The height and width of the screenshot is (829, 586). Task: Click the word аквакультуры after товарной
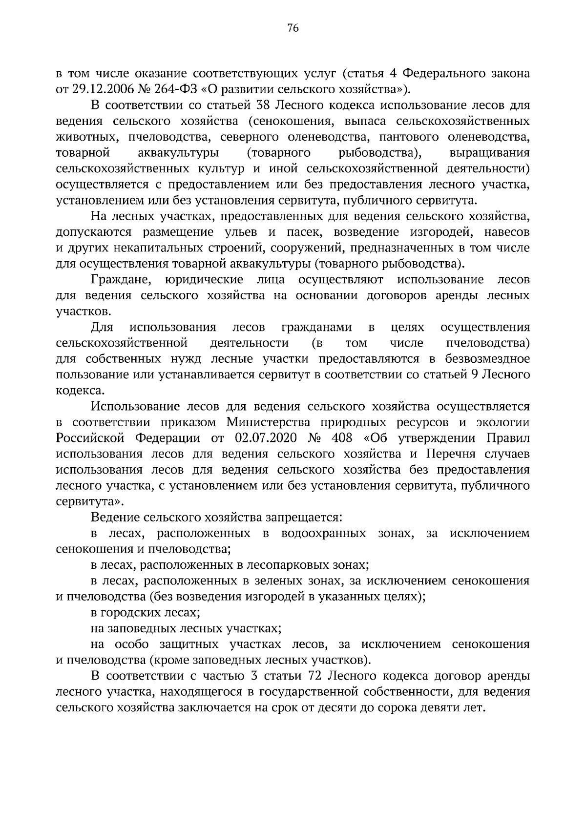click(178, 153)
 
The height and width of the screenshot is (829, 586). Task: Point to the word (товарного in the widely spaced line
click(279, 153)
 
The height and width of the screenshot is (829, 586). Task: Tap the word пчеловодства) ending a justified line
click(488, 343)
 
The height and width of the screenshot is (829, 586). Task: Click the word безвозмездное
click(487, 359)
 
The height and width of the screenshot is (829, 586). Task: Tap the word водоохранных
click(323, 533)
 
